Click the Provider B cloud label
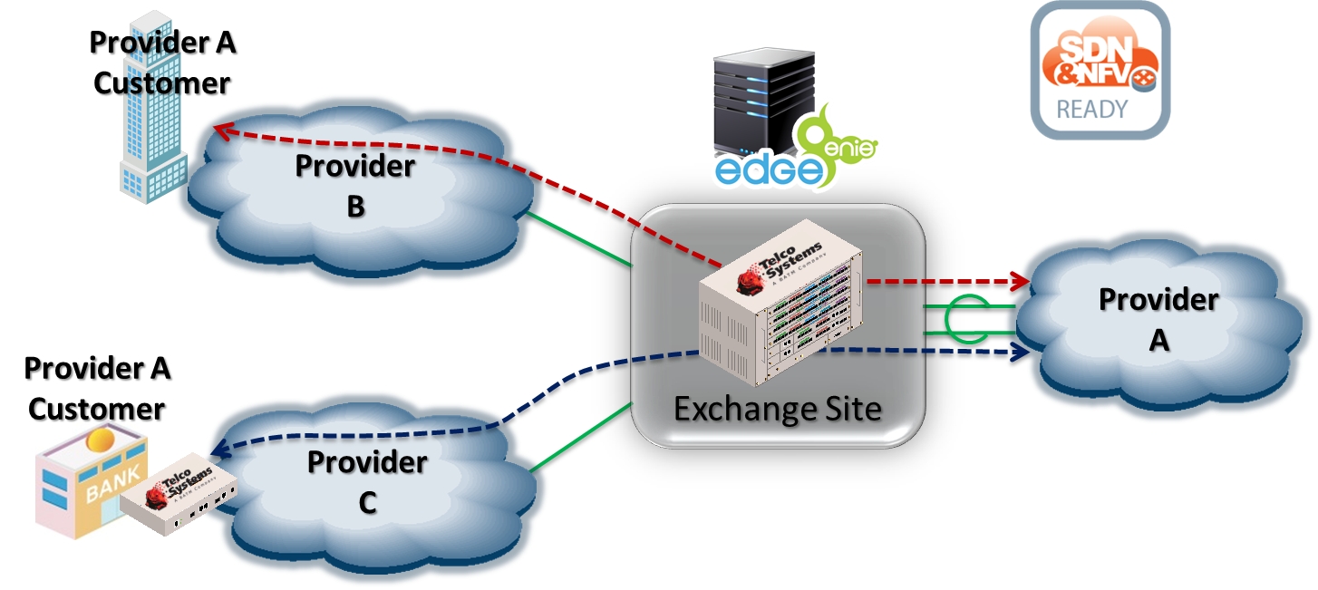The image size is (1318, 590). click(355, 187)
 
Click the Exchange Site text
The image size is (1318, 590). click(778, 409)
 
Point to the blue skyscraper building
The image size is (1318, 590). click(153, 118)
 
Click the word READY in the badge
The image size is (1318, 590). click(1091, 110)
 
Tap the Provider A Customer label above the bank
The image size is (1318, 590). click(97, 389)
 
